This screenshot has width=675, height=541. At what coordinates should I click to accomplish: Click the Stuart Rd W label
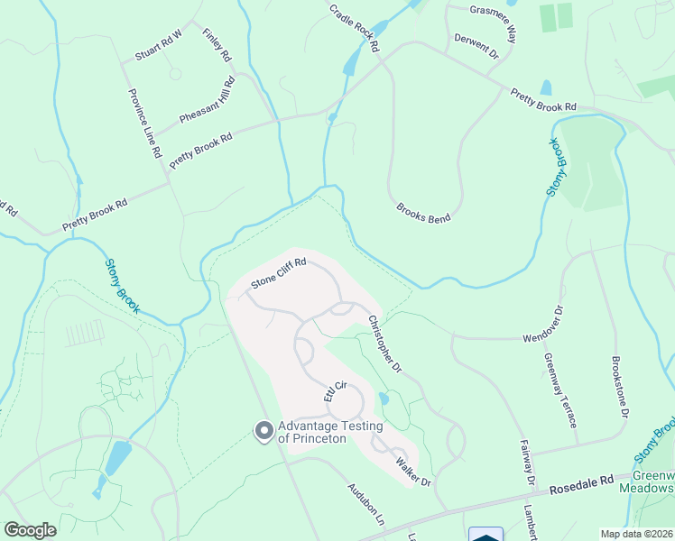point(158,45)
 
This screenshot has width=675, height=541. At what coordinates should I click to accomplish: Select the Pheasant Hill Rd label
point(207,100)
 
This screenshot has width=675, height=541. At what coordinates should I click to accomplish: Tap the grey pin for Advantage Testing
point(264,432)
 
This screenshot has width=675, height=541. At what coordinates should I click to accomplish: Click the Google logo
point(31,530)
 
